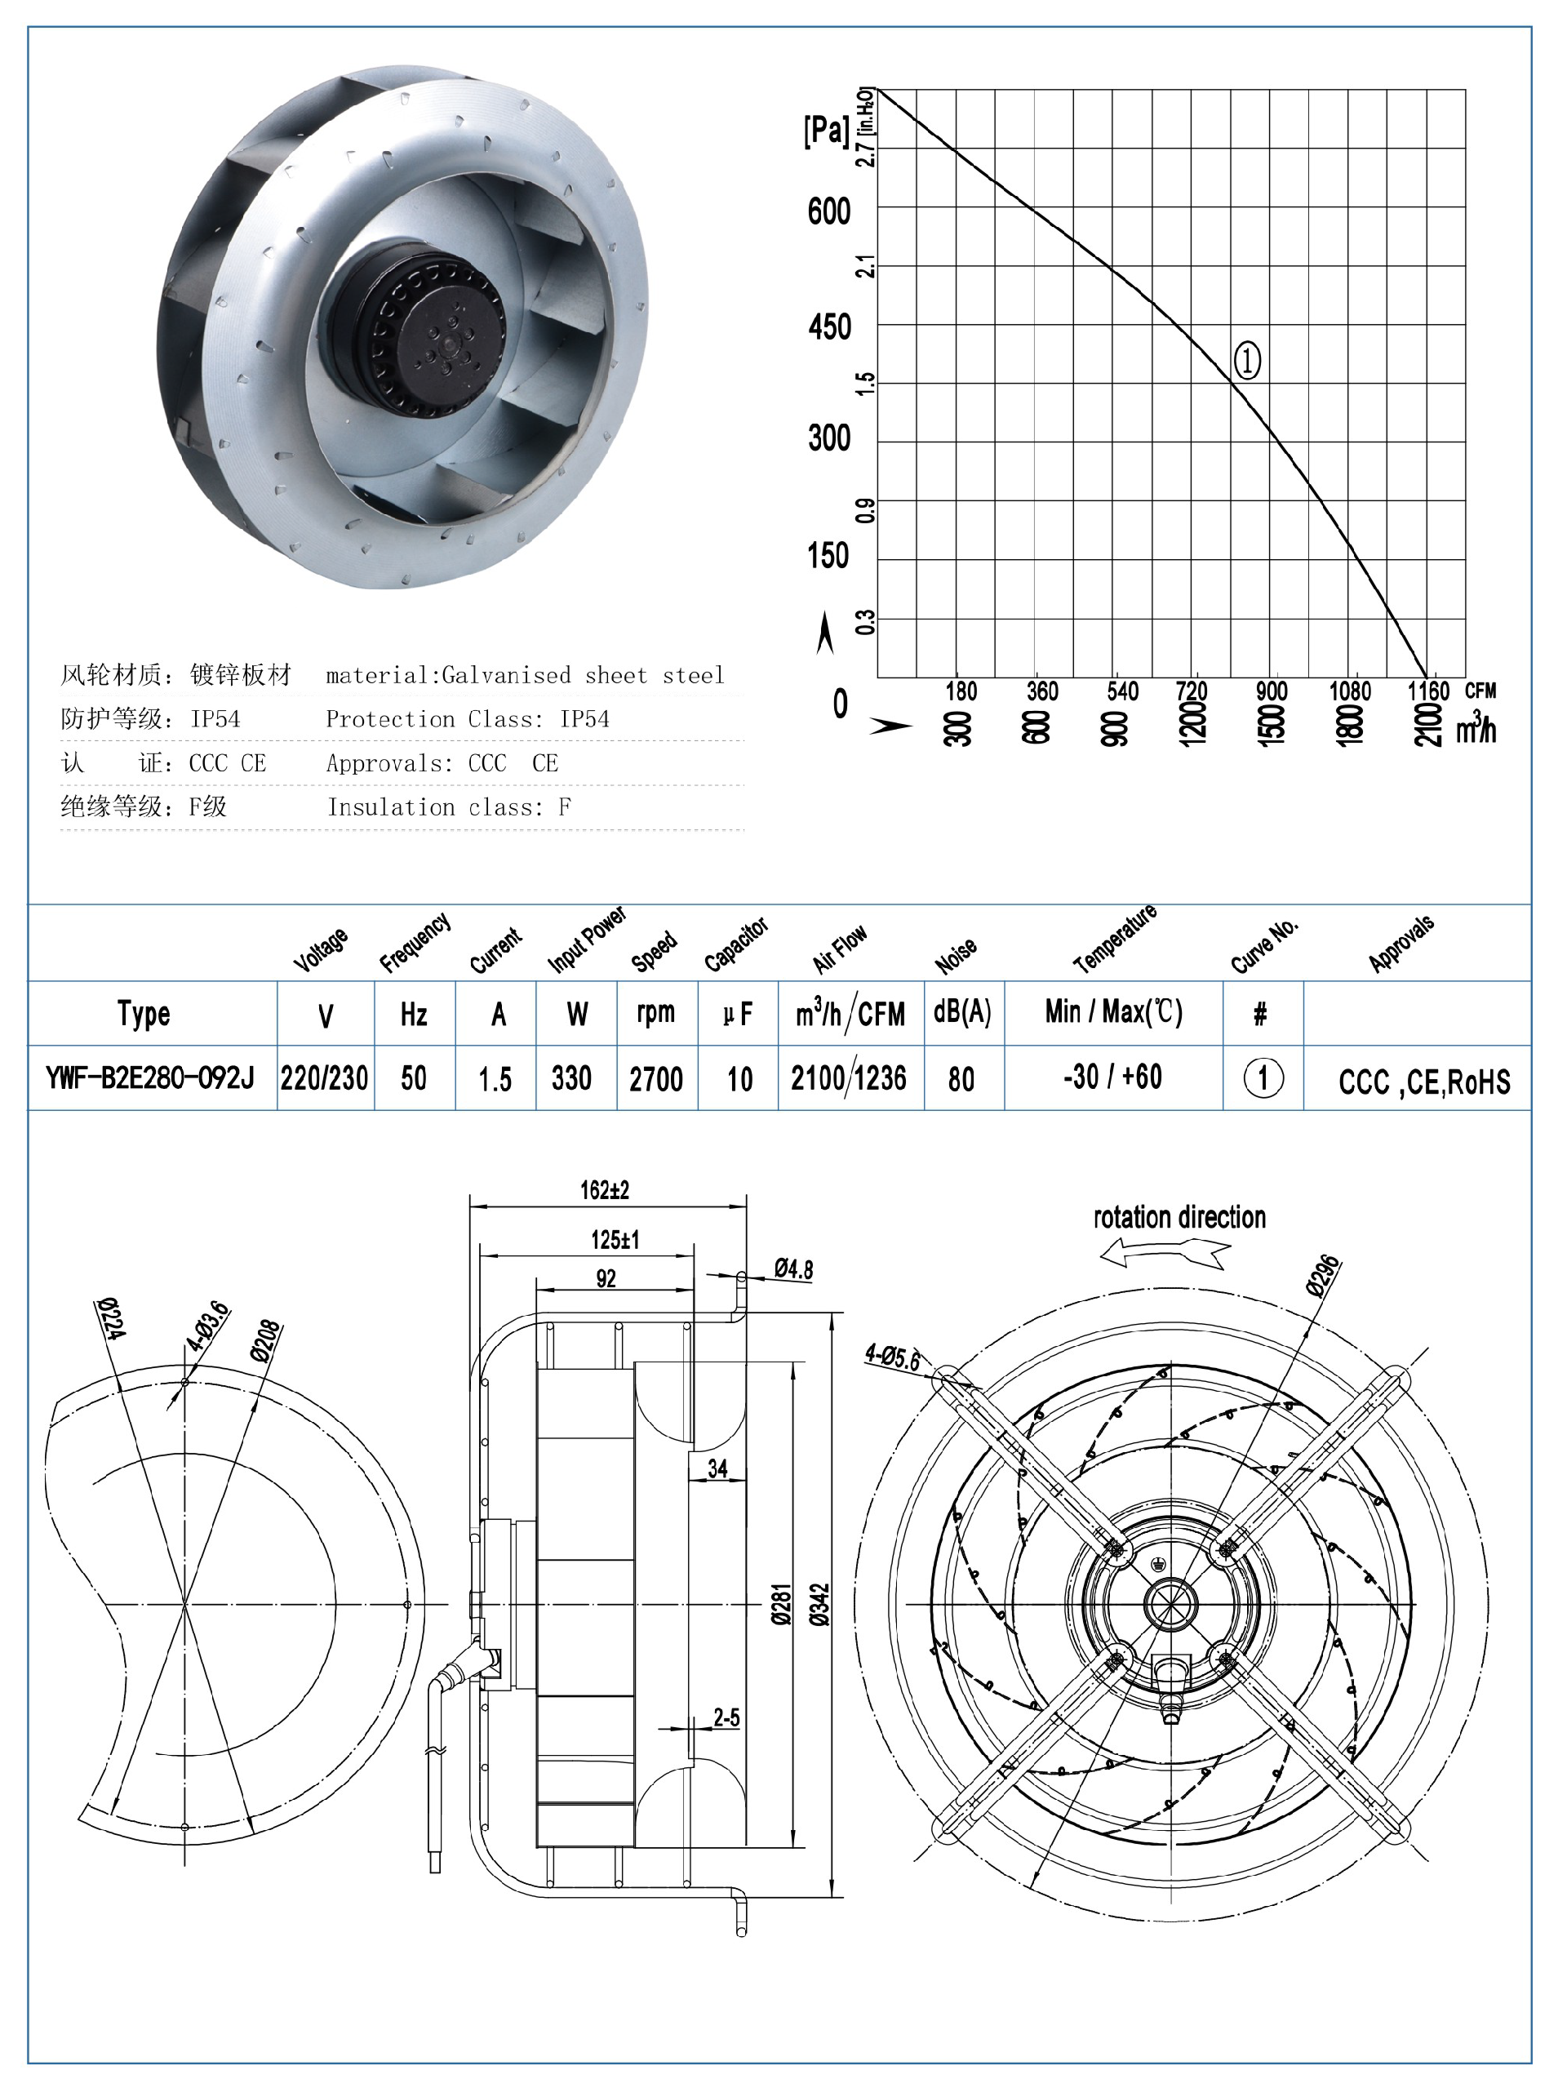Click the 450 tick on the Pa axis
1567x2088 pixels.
pos(829,327)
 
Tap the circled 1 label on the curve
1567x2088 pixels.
pos(1246,361)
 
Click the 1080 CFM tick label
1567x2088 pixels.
pos(1349,691)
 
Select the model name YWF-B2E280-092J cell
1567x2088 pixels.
pos(150,1077)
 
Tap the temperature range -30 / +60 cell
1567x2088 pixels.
pos(1112,1077)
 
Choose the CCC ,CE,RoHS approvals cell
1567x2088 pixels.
pos(1423,1081)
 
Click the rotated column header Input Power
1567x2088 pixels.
pos(586,940)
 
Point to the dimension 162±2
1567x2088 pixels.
pos(604,1190)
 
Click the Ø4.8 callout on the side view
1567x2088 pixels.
pos(793,1268)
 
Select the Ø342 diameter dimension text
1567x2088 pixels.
pos(819,1604)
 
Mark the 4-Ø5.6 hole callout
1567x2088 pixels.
pos(892,1357)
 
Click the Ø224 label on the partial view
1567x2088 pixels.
pos(111,1317)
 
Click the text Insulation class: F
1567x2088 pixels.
pos(448,807)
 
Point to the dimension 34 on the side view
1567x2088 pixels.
pos(717,1468)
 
